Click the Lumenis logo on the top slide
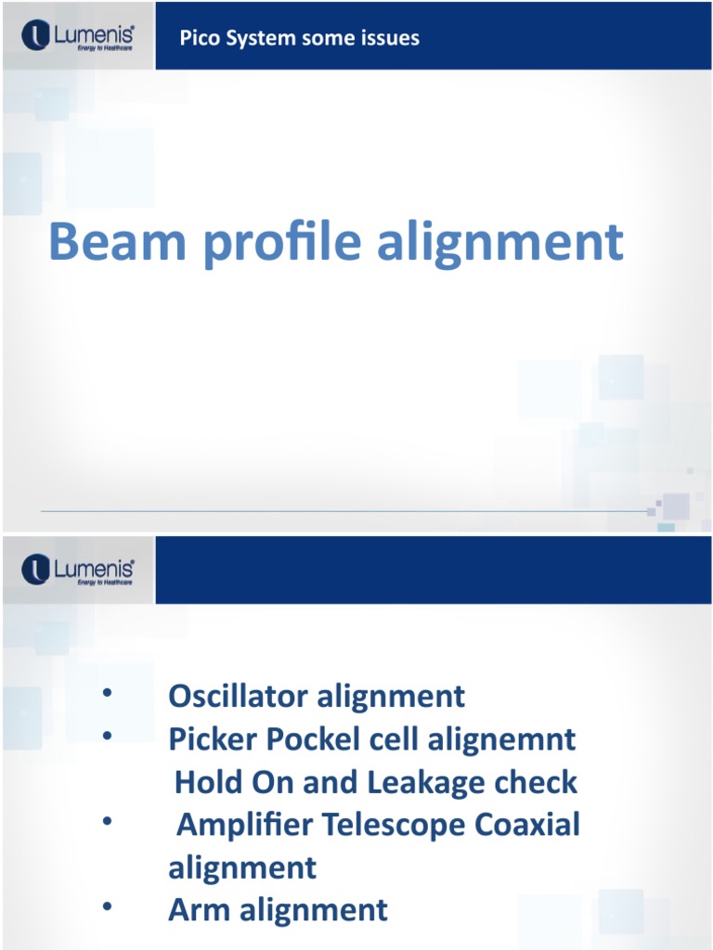click(78, 37)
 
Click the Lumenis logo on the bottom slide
click(78, 570)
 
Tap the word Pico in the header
click(198, 38)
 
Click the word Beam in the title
click(107, 241)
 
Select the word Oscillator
click(238, 696)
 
